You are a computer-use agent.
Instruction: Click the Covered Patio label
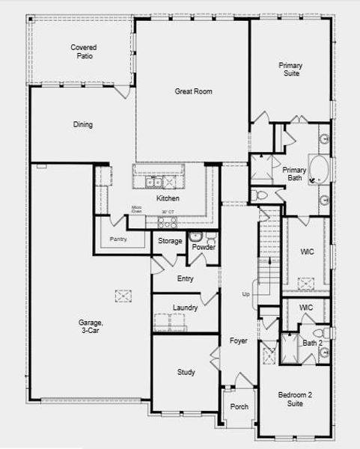[84, 52]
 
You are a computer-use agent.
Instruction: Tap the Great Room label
[194, 91]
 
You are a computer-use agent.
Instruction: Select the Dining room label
[83, 125]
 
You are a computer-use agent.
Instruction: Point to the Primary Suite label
[290, 70]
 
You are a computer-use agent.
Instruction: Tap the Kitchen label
[168, 199]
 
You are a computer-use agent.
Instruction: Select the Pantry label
[118, 239]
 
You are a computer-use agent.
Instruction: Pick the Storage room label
[170, 241]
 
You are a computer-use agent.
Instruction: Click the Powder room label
[204, 247]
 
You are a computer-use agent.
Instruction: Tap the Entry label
[186, 279]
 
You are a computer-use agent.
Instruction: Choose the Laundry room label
[185, 308]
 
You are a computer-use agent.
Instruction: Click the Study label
[186, 372]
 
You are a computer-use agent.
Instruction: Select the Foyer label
[238, 341]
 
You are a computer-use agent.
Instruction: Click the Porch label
[239, 407]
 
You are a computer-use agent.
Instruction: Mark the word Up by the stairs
[245, 294]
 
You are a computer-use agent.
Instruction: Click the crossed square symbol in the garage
[123, 296]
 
